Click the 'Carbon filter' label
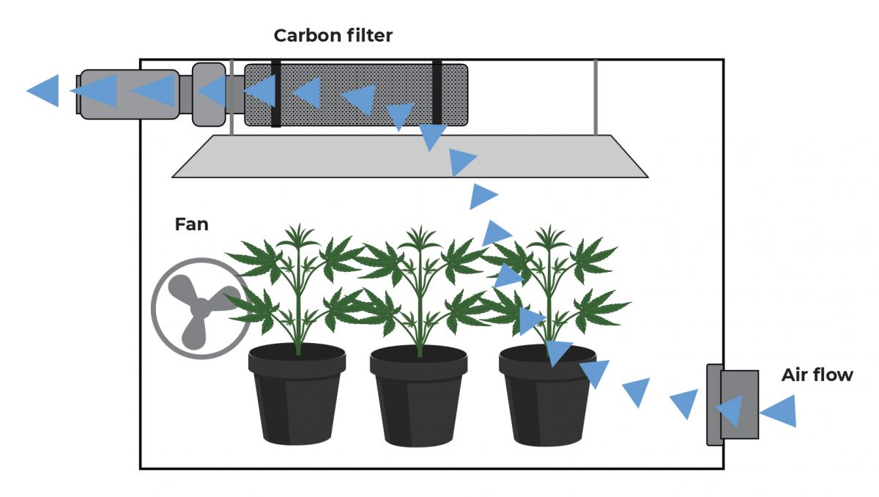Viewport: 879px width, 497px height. (x=333, y=35)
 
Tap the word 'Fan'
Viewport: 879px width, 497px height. (x=191, y=224)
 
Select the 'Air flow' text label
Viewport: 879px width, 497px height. (x=817, y=375)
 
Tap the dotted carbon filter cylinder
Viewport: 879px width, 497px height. (x=355, y=95)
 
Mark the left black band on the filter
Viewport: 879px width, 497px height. (x=276, y=95)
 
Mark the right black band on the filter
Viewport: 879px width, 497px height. (x=437, y=95)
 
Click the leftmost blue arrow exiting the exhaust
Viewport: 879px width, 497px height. (x=43, y=91)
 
